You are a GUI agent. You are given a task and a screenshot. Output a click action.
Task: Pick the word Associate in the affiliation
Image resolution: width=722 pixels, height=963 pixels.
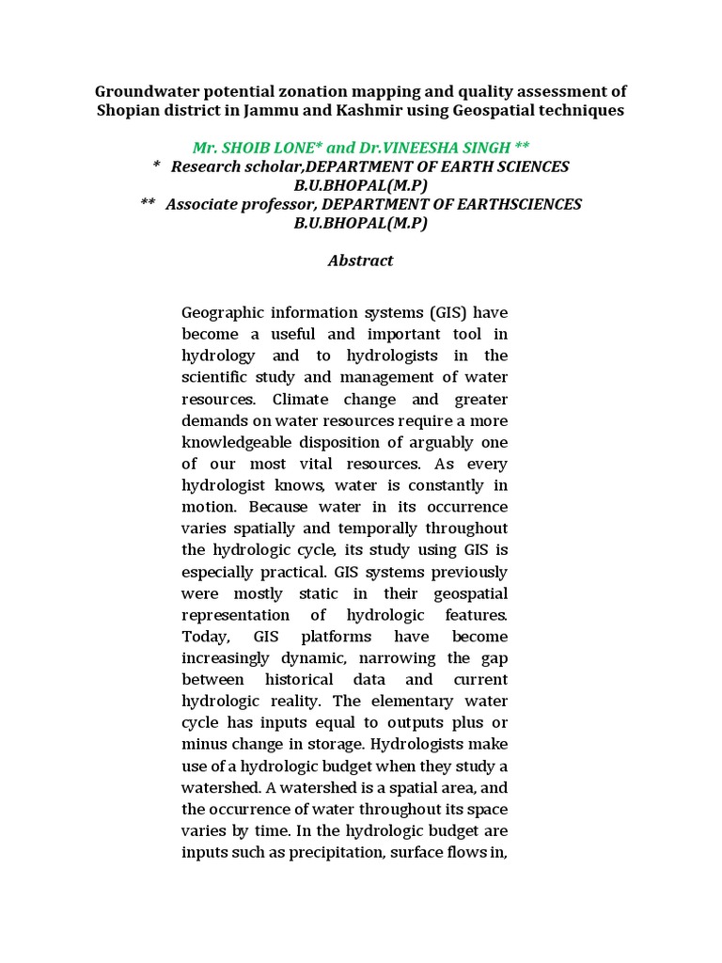coord(202,204)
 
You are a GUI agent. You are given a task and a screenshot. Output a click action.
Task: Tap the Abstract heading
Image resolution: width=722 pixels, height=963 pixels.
coord(360,260)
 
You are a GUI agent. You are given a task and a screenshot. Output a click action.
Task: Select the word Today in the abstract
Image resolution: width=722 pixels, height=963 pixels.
coord(204,637)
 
